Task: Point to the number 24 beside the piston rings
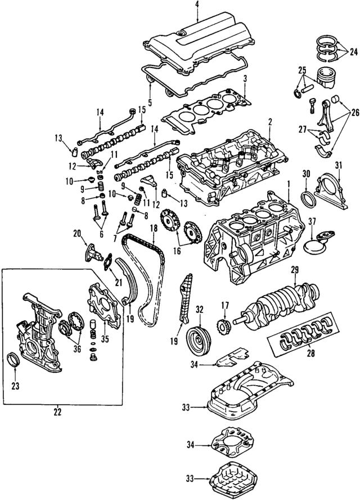click(x=353, y=53)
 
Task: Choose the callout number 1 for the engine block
click(x=289, y=184)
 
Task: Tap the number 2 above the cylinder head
click(x=270, y=121)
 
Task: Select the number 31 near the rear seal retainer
click(x=339, y=164)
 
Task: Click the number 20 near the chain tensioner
click(x=76, y=233)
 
